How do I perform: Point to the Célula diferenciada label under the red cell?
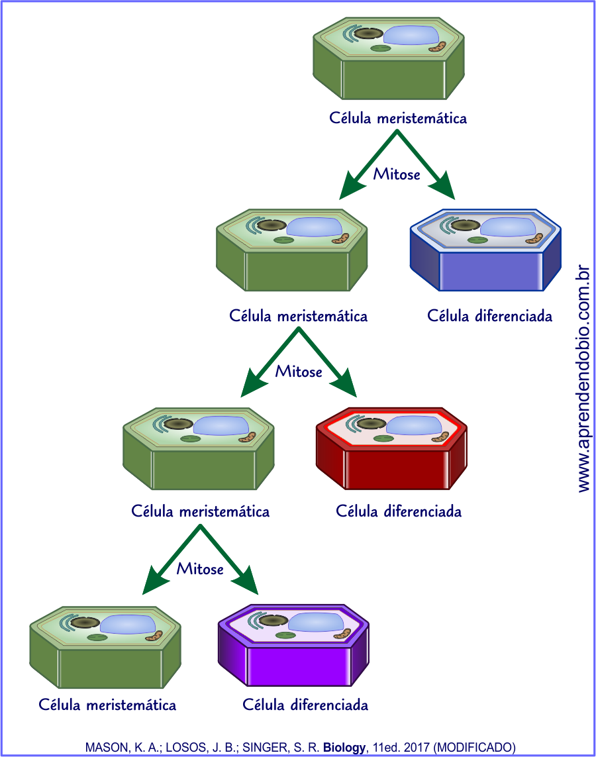pyautogui.click(x=399, y=511)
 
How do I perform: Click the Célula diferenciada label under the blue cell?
pyautogui.click(x=490, y=316)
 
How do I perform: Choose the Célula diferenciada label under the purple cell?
pyautogui.click(x=305, y=705)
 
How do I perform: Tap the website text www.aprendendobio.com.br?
pyautogui.click(x=583, y=378)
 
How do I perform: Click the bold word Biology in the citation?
pyautogui.click(x=344, y=748)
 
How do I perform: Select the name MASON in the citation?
pyautogui.click(x=104, y=748)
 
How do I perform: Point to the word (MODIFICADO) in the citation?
pyautogui.click(x=474, y=748)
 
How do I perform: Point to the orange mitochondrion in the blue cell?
pyautogui.click(x=534, y=237)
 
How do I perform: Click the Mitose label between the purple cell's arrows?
pyautogui.click(x=200, y=569)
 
